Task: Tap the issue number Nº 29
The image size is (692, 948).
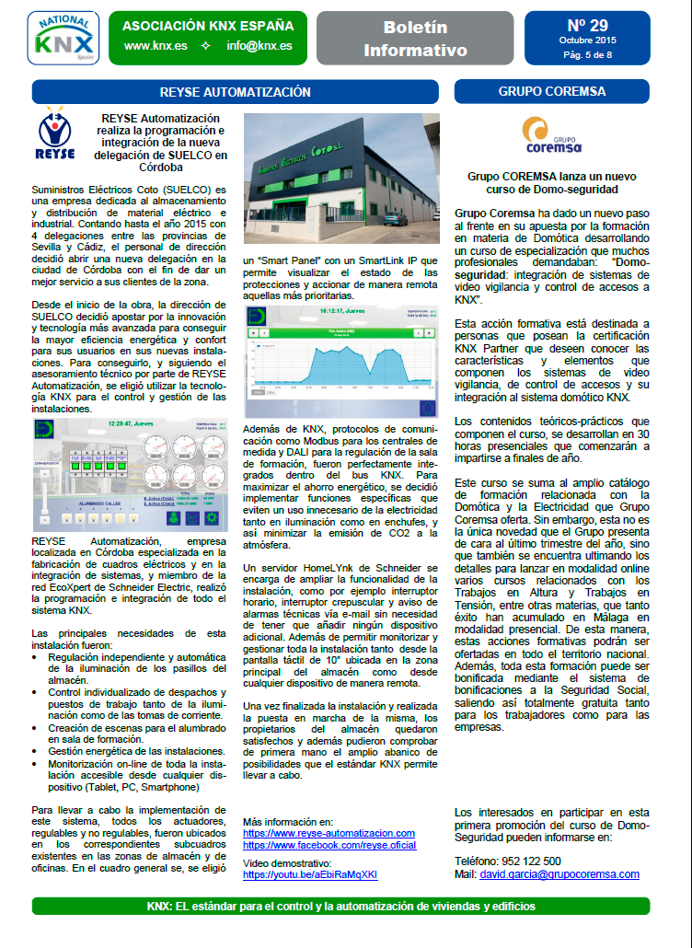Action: click(x=587, y=24)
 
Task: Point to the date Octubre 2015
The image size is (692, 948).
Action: click(x=587, y=40)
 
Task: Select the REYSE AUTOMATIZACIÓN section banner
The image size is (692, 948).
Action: click(x=235, y=92)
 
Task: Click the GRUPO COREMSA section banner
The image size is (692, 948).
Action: click(x=552, y=92)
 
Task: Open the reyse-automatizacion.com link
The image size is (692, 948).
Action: click(x=329, y=833)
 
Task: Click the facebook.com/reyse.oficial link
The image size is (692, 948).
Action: click(x=329, y=845)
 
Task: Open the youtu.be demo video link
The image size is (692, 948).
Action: click(x=310, y=874)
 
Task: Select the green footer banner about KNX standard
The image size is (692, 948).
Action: click(x=340, y=906)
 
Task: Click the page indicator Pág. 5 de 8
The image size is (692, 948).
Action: click(x=587, y=55)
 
